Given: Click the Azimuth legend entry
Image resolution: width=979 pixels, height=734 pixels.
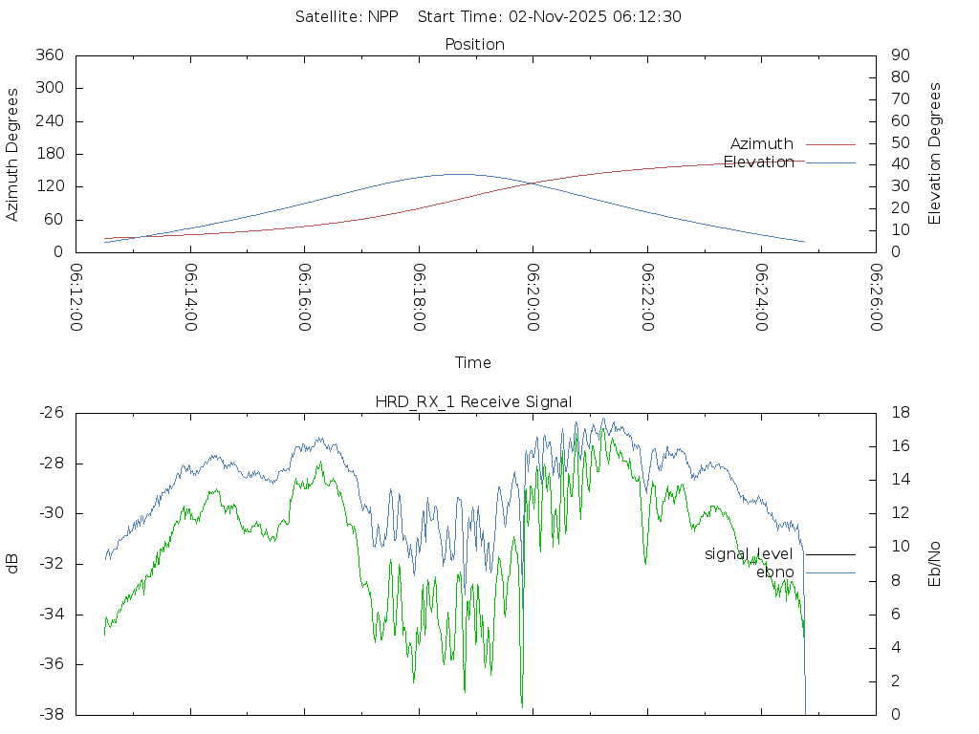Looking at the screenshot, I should [762, 144].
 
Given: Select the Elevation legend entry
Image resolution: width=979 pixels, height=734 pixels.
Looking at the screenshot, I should [758, 162].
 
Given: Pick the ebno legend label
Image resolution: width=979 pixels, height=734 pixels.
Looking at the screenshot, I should [774, 572].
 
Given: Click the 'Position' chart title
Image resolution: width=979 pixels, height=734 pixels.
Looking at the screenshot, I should [475, 45].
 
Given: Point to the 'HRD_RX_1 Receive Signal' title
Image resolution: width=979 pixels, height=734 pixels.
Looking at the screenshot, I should [474, 401].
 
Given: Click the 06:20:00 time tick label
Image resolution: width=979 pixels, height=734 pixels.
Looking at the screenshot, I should [533, 297].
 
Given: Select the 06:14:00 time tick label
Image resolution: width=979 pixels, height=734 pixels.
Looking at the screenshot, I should [190, 297].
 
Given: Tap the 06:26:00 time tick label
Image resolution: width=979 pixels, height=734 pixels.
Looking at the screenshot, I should [876, 297].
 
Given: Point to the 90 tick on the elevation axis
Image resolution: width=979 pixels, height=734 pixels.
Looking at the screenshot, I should [899, 55].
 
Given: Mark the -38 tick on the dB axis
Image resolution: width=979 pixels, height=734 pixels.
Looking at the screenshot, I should [49, 715].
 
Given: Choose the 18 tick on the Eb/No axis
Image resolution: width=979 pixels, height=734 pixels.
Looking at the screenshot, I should [899, 413].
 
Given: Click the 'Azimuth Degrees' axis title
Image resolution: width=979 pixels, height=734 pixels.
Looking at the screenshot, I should [13, 154].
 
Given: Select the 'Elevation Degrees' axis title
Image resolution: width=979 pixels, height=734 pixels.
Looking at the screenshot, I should [935, 154].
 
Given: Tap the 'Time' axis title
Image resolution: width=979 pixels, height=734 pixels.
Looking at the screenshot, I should [473, 363].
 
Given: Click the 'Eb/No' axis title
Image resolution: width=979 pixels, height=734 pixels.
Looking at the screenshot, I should [935, 564].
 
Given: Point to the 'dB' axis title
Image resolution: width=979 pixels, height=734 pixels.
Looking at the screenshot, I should [13, 564].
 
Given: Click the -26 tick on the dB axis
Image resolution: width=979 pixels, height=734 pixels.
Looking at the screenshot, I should [49, 413].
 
